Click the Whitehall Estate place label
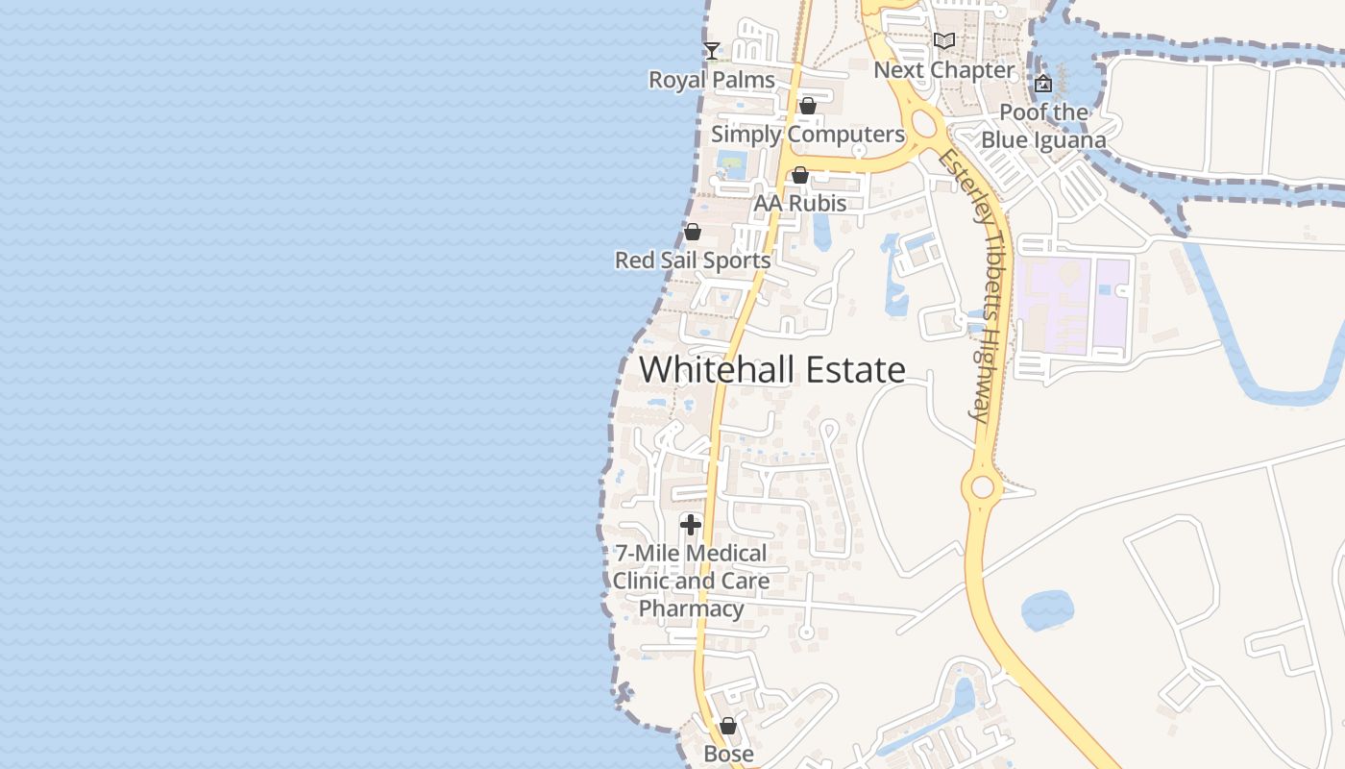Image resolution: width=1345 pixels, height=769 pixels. [x=772, y=370]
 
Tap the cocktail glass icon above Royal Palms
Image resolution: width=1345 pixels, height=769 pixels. [x=712, y=51]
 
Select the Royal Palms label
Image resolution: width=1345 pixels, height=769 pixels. [x=712, y=80]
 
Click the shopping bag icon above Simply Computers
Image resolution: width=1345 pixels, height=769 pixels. [x=808, y=106]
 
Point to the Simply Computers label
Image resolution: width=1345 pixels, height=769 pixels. [x=808, y=135]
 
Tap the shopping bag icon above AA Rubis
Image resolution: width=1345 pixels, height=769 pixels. [x=799, y=175]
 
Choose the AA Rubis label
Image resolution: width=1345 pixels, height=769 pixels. [x=800, y=204]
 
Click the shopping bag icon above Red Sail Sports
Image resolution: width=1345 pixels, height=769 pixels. [x=692, y=232]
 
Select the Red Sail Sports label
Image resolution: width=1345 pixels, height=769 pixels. [x=693, y=260]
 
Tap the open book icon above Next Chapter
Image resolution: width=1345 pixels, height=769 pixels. [x=944, y=41]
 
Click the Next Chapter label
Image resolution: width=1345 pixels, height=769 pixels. [x=944, y=70]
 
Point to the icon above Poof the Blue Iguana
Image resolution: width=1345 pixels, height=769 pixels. [x=1043, y=84]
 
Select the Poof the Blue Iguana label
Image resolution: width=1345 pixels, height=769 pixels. [x=1043, y=126]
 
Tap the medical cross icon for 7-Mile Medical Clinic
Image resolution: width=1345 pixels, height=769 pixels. [x=691, y=525]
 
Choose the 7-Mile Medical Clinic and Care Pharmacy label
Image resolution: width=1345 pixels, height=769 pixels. [x=691, y=581]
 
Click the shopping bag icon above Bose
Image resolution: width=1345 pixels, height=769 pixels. [x=728, y=726]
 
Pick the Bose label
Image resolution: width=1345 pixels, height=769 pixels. [x=729, y=754]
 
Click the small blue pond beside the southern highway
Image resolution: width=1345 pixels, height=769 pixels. [x=1047, y=610]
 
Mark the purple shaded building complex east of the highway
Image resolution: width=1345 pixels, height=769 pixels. [x=1076, y=303]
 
